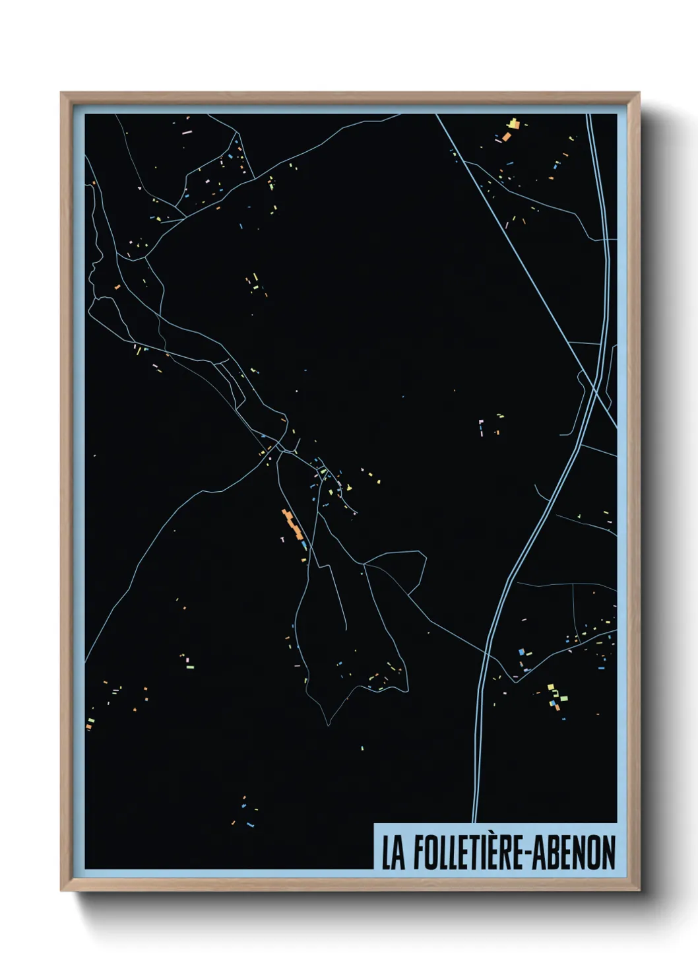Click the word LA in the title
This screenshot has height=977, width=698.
click(394, 853)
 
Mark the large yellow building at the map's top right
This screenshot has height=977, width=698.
click(514, 123)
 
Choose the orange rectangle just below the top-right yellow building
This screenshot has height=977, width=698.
click(506, 136)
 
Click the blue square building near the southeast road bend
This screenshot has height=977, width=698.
click(521, 652)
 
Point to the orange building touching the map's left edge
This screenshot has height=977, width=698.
click(88, 726)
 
